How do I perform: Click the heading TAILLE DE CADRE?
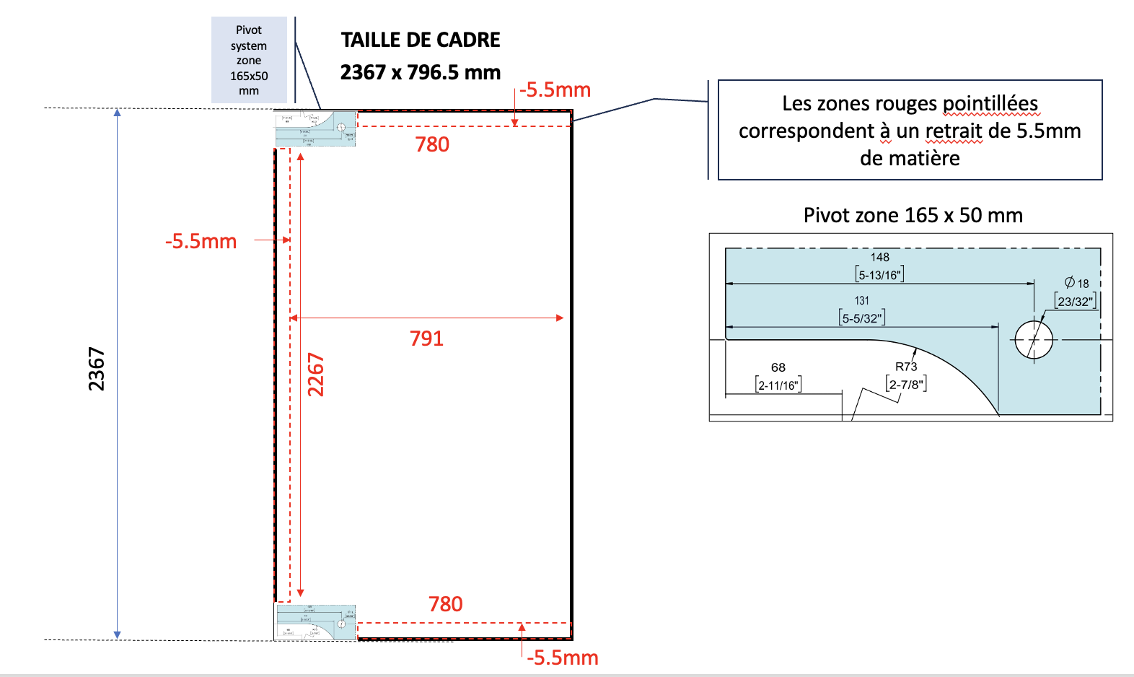[x=421, y=40]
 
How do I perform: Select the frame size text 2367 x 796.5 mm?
[x=421, y=72]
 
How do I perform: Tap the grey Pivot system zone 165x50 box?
[x=249, y=60]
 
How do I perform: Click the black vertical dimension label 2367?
[x=97, y=369]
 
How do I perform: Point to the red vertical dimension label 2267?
[x=316, y=375]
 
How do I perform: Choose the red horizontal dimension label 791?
[x=426, y=338]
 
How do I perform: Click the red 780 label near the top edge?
[x=432, y=144]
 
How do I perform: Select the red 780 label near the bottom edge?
[x=445, y=604]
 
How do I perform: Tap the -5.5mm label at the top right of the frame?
[x=555, y=90]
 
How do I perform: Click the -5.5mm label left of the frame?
[x=201, y=241]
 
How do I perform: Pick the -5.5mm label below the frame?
[x=563, y=658]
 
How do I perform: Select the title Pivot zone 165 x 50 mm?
[x=913, y=215]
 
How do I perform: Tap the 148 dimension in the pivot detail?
[x=879, y=258]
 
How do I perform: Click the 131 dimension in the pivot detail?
[x=862, y=300]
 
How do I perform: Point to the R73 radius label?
[x=906, y=367]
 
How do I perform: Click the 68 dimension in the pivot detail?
[x=778, y=367]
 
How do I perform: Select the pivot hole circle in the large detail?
[x=1034, y=339]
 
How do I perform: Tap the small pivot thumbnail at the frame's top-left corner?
[x=316, y=128]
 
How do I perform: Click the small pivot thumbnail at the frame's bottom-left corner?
[x=316, y=622]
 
